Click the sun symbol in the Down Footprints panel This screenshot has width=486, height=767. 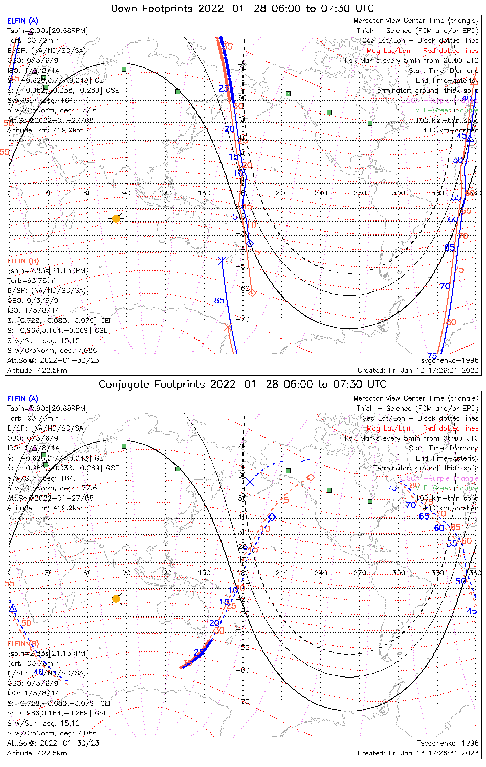(116, 219)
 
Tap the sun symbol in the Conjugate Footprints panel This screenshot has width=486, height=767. (116, 599)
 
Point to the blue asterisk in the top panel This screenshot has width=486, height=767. (222, 261)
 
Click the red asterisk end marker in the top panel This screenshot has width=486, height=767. (228, 328)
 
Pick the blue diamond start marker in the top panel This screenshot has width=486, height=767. (249, 243)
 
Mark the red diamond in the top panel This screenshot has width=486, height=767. (252, 292)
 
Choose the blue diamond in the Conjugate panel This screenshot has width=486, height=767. (272, 517)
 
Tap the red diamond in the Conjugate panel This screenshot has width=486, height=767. (311, 478)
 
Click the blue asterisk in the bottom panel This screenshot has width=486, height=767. (250, 482)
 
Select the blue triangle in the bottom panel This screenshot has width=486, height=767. (13, 607)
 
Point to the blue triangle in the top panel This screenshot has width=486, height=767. (470, 138)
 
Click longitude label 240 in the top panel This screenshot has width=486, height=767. (321, 193)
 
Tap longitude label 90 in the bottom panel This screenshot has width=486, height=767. (126, 573)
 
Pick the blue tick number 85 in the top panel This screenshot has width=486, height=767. (219, 300)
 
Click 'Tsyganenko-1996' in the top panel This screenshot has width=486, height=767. (448, 360)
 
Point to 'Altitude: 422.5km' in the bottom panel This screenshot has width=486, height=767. (37, 753)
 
